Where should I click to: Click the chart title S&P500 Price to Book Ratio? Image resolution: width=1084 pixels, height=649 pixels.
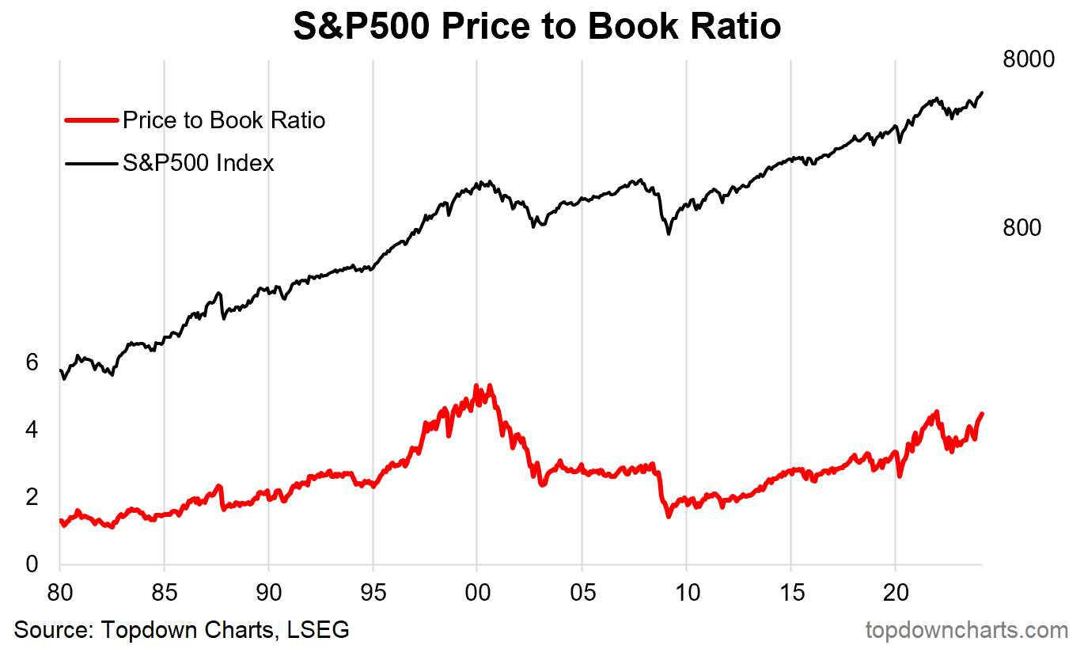(x=537, y=27)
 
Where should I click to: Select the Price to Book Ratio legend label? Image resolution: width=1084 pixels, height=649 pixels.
(x=224, y=120)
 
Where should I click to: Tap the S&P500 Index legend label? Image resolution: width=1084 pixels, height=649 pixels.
(x=199, y=163)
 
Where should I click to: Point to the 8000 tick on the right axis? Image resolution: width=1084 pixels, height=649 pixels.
(x=1028, y=60)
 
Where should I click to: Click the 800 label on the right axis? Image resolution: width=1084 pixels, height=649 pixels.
(x=1021, y=228)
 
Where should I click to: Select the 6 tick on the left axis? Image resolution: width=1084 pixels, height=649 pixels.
(x=32, y=362)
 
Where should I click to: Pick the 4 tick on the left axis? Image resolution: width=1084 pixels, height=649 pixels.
(x=32, y=430)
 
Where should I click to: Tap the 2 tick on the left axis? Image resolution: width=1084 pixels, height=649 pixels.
(x=32, y=497)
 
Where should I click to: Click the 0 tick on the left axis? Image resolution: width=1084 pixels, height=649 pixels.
(x=32, y=564)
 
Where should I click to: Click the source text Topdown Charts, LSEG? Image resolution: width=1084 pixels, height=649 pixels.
(x=182, y=630)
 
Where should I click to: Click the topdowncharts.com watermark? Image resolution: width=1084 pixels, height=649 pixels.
(x=966, y=630)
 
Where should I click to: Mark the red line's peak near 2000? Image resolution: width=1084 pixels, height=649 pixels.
(x=476, y=386)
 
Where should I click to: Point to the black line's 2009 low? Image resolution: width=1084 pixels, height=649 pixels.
(x=669, y=233)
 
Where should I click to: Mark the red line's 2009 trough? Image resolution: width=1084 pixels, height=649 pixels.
(x=669, y=516)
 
